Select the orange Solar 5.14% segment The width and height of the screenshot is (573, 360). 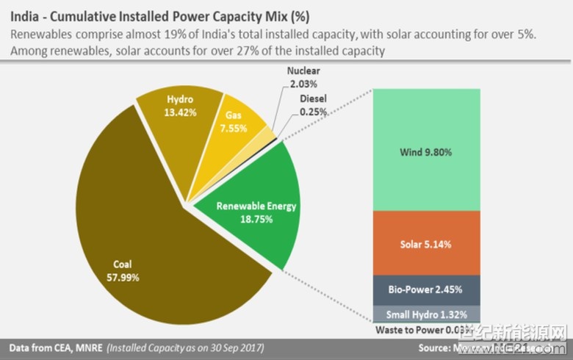(426, 243)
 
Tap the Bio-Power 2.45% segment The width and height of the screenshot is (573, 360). (426, 289)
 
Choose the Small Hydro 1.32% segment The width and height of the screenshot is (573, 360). (426, 314)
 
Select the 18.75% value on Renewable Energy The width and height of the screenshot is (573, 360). (256, 218)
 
